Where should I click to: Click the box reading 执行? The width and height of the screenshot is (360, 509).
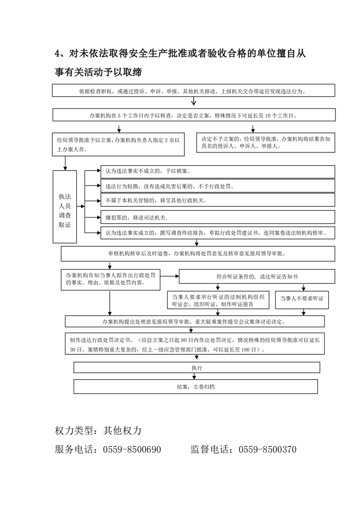pos(197,367)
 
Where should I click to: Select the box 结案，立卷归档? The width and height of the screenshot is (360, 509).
pos(196,387)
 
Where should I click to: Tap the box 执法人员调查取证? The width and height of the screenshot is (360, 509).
pos(65,206)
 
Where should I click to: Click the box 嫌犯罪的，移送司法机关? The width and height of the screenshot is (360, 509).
pos(217,217)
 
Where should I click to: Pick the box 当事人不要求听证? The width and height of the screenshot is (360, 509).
pos(301,299)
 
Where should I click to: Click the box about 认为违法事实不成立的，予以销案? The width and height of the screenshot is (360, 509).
pos(217,171)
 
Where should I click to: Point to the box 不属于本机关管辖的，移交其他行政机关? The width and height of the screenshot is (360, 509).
pos(217,200)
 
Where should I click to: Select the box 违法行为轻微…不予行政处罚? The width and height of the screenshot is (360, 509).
pos(217,186)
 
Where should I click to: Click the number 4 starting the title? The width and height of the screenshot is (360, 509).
pos(58,54)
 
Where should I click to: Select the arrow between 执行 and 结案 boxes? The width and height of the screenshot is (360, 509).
pos(196,376)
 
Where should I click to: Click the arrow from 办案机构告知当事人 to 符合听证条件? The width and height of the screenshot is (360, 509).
pos(170,276)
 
